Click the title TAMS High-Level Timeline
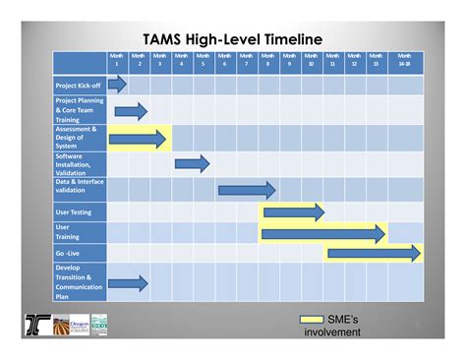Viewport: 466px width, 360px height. [232, 38]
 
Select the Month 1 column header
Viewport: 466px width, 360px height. [117, 60]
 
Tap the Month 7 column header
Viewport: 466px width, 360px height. [246, 60]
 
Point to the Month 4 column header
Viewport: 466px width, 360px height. [182, 60]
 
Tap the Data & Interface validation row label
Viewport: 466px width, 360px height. [79, 187]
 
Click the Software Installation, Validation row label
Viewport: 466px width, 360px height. [79, 162]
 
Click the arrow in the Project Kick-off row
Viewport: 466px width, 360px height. [118, 85]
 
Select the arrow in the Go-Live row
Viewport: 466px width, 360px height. [373, 254]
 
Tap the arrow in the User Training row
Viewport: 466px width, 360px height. [323, 233]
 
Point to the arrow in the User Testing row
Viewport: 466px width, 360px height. [293, 211]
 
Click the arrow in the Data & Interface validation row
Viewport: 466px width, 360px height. [246, 189]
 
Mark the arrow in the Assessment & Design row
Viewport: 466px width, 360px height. [138, 139]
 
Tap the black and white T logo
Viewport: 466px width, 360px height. [37, 324]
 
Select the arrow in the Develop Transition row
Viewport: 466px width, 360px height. [128, 283]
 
